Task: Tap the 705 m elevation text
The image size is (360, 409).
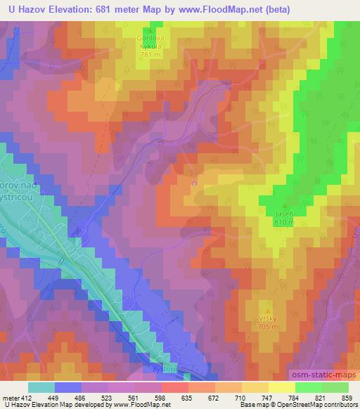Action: pyautogui.click(x=269, y=326)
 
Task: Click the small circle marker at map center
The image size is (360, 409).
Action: pyautogui.click(x=195, y=184)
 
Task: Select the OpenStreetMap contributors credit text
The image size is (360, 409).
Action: pyautogui.click(x=321, y=405)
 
